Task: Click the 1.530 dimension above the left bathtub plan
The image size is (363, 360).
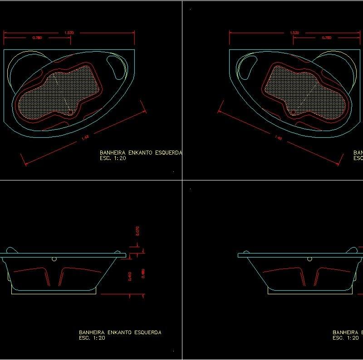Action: pyautogui.click(x=69, y=33)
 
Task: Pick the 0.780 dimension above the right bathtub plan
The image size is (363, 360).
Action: pyautogui.click(x=326, y=38)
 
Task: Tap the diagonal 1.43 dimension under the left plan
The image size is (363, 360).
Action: pyautogui.click(x=84, y=138)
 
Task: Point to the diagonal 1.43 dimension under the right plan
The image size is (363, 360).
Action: pyautogui.click(x=279, y=138)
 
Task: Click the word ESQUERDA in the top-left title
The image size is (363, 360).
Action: pyautogui.click(x=167, y=153)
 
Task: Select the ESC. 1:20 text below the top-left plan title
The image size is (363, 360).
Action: pyautogui.click(x=112, y=159)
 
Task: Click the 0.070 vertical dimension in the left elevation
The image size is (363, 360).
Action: pyautogui.click(x=137, y=231)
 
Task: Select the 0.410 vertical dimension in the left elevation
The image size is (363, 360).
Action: pyautogui.click(x=131, y=276)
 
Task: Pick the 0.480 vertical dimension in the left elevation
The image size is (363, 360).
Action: pyautogui.click(x=143, y=274)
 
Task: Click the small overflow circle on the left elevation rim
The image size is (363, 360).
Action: pyautogui.click(x=54, y=259)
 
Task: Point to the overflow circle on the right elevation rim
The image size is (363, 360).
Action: pyautogui.click(x=309, y=259)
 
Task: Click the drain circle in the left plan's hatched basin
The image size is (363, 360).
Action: pyautogui.click(x=69, y=110)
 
